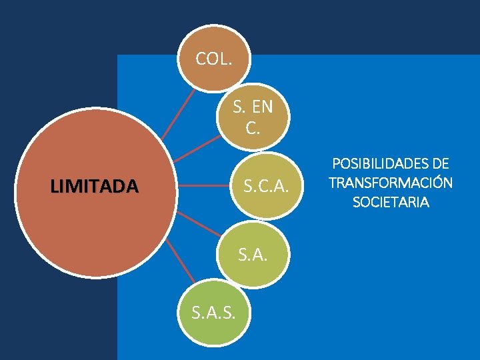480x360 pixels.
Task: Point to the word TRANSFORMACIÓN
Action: (391, 183)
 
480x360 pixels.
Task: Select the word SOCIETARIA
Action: (391, 202)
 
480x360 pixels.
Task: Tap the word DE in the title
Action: (440, 164)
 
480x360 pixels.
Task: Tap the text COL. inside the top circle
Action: (214, 59)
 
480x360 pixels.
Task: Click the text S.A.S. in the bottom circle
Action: (213, 311)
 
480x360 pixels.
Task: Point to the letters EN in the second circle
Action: (262, 107)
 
